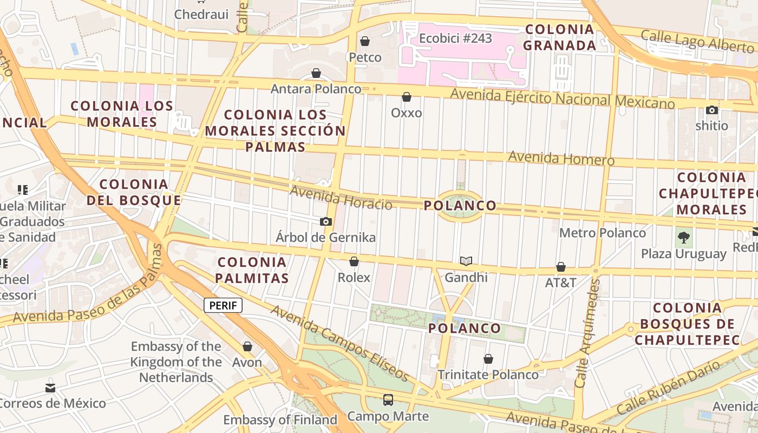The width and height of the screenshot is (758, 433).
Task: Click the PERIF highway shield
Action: [x=223, y=305]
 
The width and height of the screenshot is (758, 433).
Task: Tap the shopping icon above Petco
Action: [x=365, y=41]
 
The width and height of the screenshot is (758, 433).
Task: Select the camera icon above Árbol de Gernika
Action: [x=325, y=221]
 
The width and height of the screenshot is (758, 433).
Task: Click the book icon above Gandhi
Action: [x=466, y=261]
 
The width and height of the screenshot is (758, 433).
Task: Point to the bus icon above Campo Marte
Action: [x=388, y=400]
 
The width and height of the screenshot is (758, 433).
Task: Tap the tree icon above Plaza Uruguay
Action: [x=684, y=237]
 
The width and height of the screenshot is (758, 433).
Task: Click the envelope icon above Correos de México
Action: [x=50, y=388]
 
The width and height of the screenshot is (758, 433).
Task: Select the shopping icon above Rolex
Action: [x=354, y=262]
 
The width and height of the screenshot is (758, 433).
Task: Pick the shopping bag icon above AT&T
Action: [x=561, y=267]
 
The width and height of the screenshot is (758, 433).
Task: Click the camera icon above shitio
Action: [x=712, y=110]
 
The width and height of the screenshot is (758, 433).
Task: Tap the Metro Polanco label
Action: [x=603, y=233]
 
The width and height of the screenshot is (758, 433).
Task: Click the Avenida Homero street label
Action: [x=561, y=159]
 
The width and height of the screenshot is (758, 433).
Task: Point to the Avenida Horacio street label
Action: [x=341, y=198]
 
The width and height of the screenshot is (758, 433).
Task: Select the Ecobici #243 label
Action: [x=455, y=38]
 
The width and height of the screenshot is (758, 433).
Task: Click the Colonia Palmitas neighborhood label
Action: [x=252, y=270]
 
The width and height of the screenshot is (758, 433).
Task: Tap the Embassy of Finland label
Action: [x=280, y=419]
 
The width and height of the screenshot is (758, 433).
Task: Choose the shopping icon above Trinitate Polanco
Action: [x=488, y=359]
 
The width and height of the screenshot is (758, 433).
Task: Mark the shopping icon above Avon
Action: [x=247, y=346]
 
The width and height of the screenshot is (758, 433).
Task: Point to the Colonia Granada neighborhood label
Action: [x=559, y=37]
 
